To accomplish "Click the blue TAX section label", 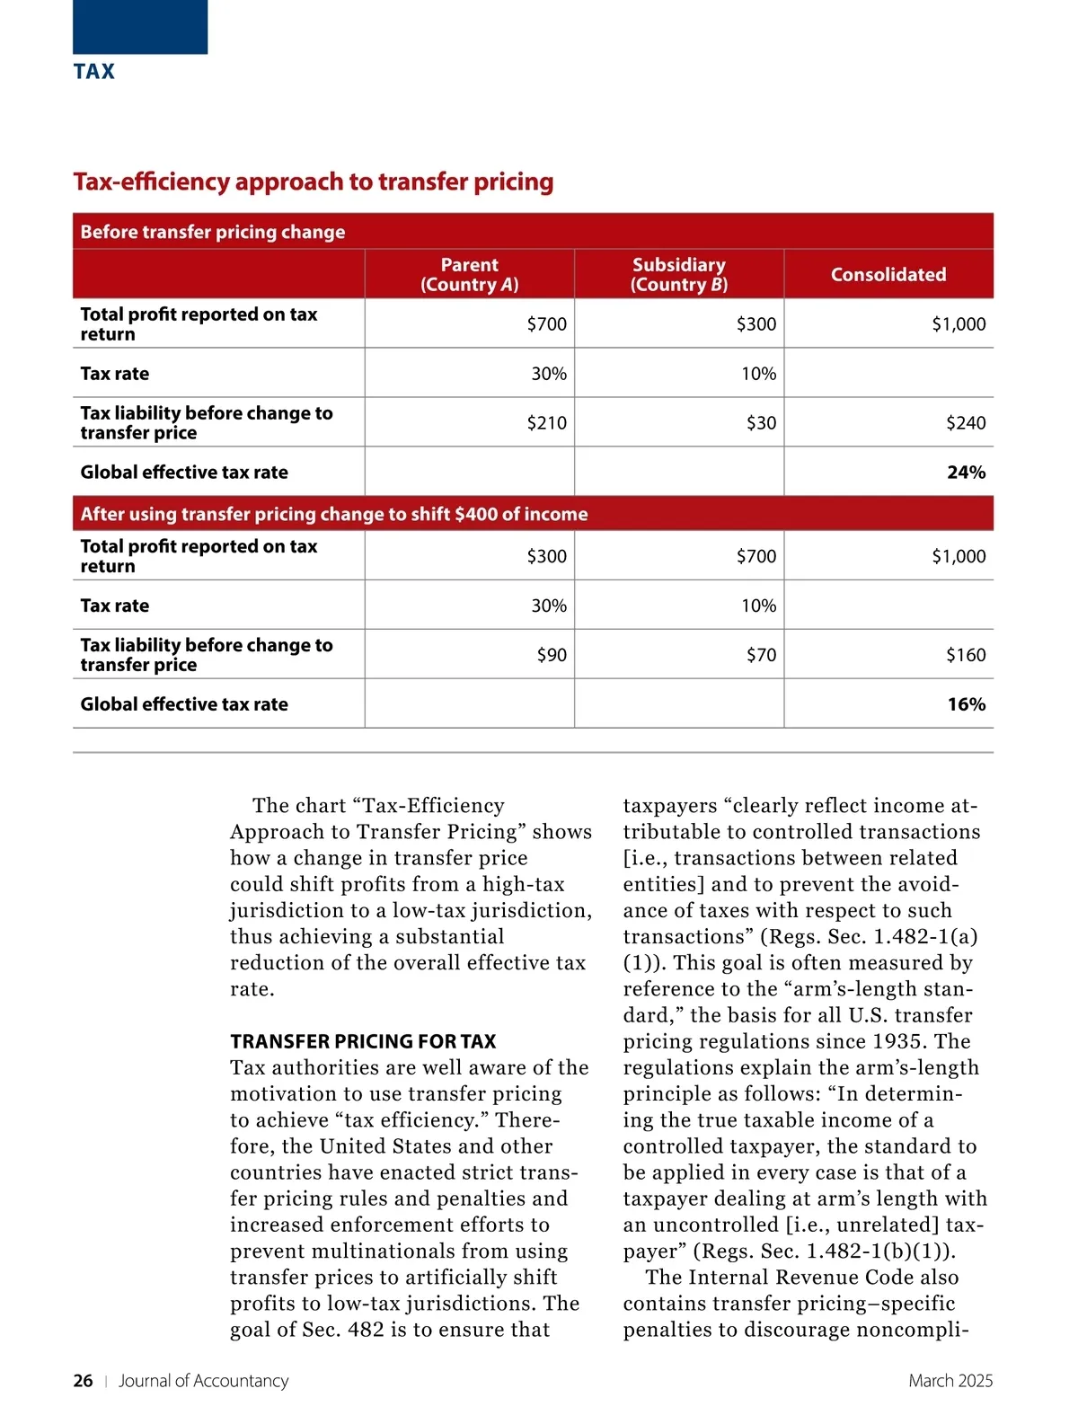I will click(x=93, y=72).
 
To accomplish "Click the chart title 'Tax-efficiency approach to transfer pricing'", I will click(x=313, y=181).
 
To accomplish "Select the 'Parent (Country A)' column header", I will click(x=469, y=274).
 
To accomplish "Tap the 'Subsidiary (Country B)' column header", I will click(x=678, y=274).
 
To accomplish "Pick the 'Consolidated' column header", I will click(x=888, y=274).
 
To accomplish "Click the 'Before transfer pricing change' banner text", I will click(x=212, y=232).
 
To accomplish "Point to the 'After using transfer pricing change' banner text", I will click(x=333, y=514).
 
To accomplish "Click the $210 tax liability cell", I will click(x=546, y=422).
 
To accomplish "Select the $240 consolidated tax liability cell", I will click(x=965, y=422).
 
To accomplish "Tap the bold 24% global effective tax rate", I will click(x=966, y=472).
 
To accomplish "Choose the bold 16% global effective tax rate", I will click(x=966, y=704).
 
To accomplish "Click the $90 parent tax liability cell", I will click(x=552, y=655).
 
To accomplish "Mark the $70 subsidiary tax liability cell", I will click(x=761, y=655).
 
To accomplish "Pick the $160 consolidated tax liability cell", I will click(x=965, y=655).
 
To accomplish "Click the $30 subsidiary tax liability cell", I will click(x=761, y=422).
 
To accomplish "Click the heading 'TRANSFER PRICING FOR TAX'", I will click(x=363, y=1041).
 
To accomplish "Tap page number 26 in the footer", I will click(x=83, y=1381).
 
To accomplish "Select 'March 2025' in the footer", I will click(x=950, y=1381).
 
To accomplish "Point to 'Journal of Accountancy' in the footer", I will click(x=203, y=1381).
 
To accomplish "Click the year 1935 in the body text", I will click(x=896, y=1041).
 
